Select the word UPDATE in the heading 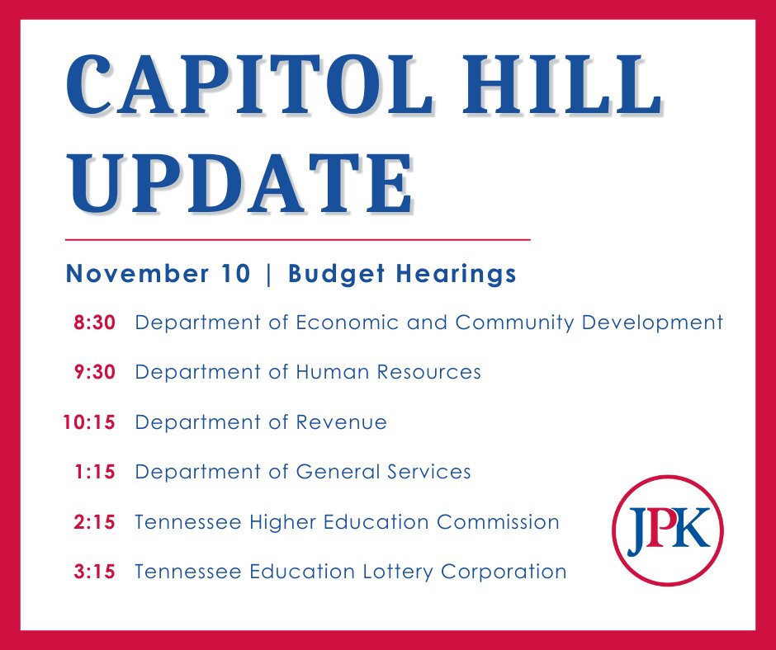coord(239,182)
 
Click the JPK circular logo coord(668,531)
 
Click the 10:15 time coord(89,422)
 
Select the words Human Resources coord(389,373)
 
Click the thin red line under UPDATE coord(297,239)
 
